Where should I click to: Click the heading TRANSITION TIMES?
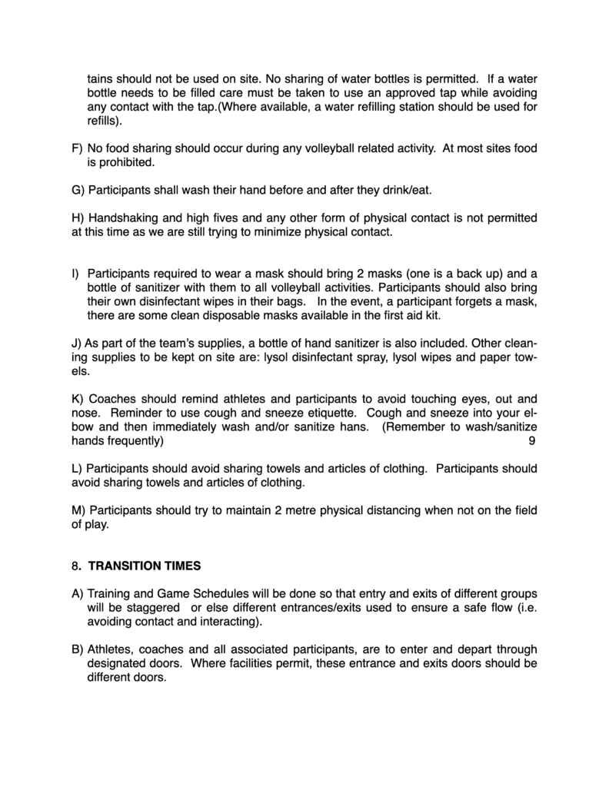click(x=145, y=566)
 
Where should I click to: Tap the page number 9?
click(x=532, y=441)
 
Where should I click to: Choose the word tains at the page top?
click(x=101, y=79)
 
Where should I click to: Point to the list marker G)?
click(x=78, y=189)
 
